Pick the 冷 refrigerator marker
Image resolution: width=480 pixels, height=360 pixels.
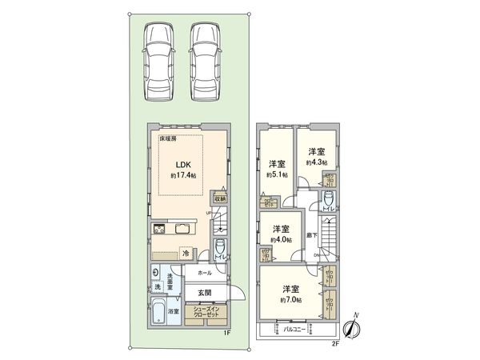click(x=186, y=254)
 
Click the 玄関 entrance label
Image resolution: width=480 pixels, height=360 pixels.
click(x=205, y=293)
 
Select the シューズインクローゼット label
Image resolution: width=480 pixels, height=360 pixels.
click(x=207, y=314)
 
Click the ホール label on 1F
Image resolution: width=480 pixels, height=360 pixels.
click(x=205, y=272)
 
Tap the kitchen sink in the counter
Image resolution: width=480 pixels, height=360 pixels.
click(x=182, y=230)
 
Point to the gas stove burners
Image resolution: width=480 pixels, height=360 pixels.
click(x=158, y=230)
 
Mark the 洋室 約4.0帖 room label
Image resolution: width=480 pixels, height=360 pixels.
click(x=282, y=233)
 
